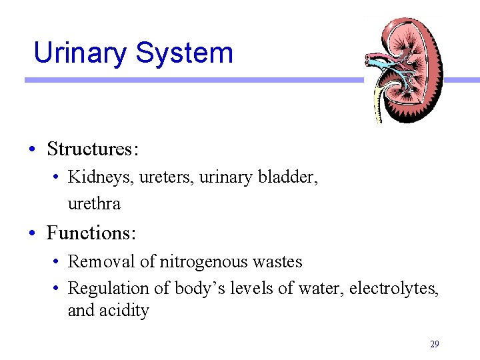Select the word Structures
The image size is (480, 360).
(x=92, y=149)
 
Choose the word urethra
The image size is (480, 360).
(x=94, y=203)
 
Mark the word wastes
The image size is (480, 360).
(x=277, y=262)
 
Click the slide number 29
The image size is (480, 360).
(x=435, y=344)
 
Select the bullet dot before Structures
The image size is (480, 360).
(x=32, y=149)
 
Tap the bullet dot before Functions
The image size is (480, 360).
(x=32, y=234)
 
